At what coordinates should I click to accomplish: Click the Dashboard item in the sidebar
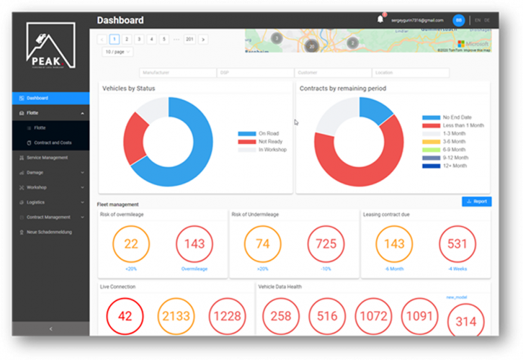[x=37, y=98]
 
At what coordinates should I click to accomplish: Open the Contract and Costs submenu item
[x=53, y=143]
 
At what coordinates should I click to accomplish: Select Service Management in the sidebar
[x=47, y=157]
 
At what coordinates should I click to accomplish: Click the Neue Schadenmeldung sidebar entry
[x=50, y=232]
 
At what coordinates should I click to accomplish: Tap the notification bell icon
[x=380, y=19]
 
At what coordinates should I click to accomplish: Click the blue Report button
[x=476, y=202]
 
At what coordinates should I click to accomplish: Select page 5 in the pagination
[x=164, y=39]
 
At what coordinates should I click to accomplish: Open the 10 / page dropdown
[x=118, y=52]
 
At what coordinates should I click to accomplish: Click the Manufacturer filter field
[x=177, y=73]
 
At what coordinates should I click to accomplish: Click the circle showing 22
[x=131, y=244]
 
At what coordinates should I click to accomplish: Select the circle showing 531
[x=457, y=245]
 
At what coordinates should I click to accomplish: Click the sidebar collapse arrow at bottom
[x=50, y=328]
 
